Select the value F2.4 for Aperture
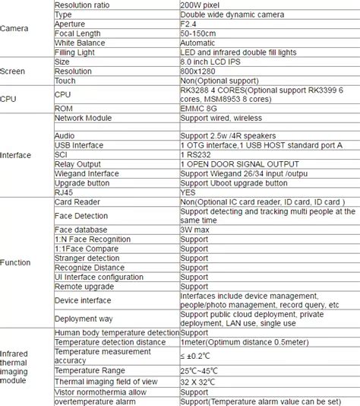coord(189,24)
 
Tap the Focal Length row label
coord(78,33)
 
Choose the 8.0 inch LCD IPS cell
coord(209,62)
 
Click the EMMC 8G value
coord(199,108)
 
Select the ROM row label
coord(65,108)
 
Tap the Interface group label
coord(16,154)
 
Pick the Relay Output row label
coord(78,163)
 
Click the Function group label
coord(16,262)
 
